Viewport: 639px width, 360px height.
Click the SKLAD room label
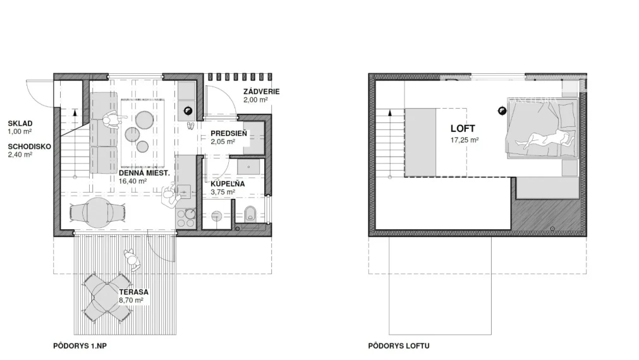click(20, 123)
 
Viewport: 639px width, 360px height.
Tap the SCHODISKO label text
click(29, 147)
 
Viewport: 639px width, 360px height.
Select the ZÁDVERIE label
click(262, 92)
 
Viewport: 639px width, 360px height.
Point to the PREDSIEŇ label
click(229, 133)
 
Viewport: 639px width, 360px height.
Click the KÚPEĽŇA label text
click(228, 184)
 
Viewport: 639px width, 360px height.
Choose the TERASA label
click(133, 292)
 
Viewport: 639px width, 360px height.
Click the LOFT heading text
click(463, 129)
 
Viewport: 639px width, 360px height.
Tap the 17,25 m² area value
click(464, 140)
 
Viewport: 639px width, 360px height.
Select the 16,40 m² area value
click(133, 181)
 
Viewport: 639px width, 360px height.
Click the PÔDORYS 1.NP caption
click(80, 345)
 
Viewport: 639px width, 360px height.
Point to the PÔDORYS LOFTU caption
click(399, 345)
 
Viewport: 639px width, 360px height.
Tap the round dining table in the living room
click(97, 212)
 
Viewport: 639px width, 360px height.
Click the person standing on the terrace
click(132, 260)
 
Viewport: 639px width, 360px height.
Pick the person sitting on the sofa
click(111, 121)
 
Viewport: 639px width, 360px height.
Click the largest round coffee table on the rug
click(144, 120)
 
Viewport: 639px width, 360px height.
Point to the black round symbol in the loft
click(502, 111)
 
